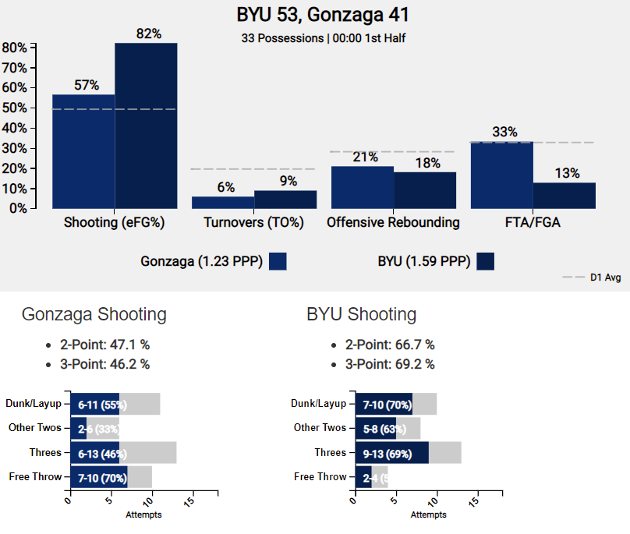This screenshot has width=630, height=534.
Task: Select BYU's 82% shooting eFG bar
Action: pos(146,126)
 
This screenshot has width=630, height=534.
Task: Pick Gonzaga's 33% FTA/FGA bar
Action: pos(501,175)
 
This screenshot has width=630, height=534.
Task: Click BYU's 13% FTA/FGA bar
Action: pos(564,196)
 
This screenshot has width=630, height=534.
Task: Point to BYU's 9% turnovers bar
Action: pos(285,200)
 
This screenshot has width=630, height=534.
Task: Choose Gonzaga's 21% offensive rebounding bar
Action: pos(362,187)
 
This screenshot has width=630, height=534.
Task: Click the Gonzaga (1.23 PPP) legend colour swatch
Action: pos(278,261)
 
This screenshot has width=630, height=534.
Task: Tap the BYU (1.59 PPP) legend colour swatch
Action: pos(486,261)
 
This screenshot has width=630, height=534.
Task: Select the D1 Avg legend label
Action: pos(603,278)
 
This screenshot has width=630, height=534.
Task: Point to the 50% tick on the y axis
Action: pos(15,108)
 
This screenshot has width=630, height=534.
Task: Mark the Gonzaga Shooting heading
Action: pos(94,314)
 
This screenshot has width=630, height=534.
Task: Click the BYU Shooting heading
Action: pos(361,314)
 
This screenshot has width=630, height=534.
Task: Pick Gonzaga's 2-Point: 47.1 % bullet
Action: pos(104,345)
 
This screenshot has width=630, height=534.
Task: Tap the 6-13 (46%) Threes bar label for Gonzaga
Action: pos(102,453)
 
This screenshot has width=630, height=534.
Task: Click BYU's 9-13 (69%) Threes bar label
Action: pos(388,453)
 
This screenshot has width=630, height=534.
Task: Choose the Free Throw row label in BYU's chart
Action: pos(320,476)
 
